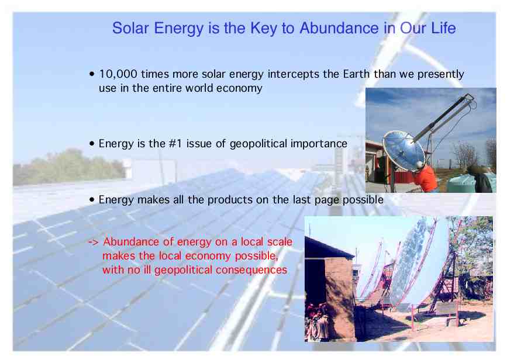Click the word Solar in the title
130,28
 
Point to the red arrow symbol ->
93,242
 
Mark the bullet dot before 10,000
92,74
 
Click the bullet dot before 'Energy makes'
92,200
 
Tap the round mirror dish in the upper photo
403,151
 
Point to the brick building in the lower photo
330,288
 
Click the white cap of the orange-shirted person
420,164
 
